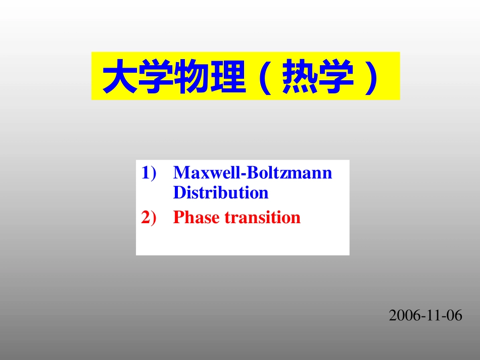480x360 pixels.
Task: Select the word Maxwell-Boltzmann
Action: [x=253, y=173]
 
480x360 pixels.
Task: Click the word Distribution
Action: [x=221, y=193]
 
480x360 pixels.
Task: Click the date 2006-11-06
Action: [x=425, y=316]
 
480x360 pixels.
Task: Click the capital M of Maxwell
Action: [x=180, y=173]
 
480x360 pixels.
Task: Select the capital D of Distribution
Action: [x=178, y=193]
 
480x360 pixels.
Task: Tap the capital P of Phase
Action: [x=177, y=218]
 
